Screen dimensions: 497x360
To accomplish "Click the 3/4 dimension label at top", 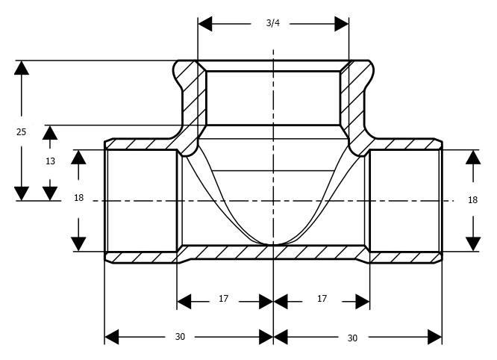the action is pyautogui.click(x=273, y=23).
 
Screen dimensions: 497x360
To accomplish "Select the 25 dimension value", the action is pyautogui.click(x=21, y=131).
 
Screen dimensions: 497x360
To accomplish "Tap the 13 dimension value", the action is pyautogui.click(x=50, y=161).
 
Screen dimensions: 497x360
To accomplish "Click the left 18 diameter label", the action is pyautogui.click(x=78, y=198).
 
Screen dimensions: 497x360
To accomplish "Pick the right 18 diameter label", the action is pyautogui.click(x=472, y=200).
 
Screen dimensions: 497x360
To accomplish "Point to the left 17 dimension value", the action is pyautogui.click(x=223, y=299).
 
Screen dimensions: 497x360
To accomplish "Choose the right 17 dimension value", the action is pyautogui.click(x=322, y=299).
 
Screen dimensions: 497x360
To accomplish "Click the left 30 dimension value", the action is pyautogui.click(x=180, y=337).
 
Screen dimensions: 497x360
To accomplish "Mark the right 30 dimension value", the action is pyautogui.click(x=352, y=338).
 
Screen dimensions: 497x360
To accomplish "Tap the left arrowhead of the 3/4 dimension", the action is pyautogui.click(x=205, y=24).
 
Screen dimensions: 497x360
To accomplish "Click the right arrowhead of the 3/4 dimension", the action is pyautogui.click(x=342, y=24).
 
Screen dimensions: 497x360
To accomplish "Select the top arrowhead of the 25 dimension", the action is pyautogui.click(x=22, y=68).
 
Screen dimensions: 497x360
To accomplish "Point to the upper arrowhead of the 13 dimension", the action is pyautogui.click(x=50, y=133).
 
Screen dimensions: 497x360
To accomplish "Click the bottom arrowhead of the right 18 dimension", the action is pyautogui.click(x=473, y=244).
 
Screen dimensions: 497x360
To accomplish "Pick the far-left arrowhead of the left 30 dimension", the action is pyautogui.click(x=112, y=337).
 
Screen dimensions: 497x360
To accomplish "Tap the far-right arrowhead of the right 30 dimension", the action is pyautogui.click(x=434, y=337).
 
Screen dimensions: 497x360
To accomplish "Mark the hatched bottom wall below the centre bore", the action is pyautogui.click(x=273, y=252).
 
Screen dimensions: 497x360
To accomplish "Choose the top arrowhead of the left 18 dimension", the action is pyautogui.click(x=78, y=157).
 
